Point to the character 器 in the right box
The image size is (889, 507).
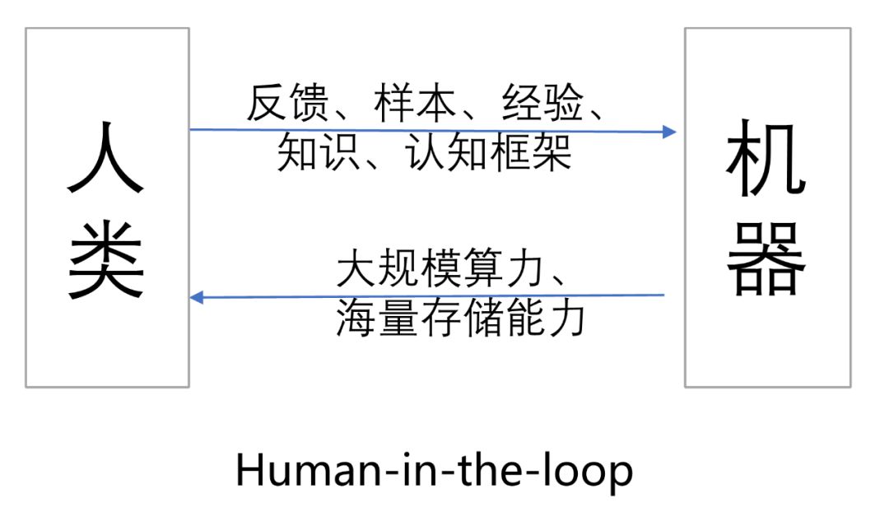[x=766, y=258]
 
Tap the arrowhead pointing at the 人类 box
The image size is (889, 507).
[x=197, y=297]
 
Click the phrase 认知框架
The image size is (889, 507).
[x=489, y=152]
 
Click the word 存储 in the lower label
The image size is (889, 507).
[x=462, y=319]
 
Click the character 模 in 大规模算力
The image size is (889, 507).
[x=440, y=270]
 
